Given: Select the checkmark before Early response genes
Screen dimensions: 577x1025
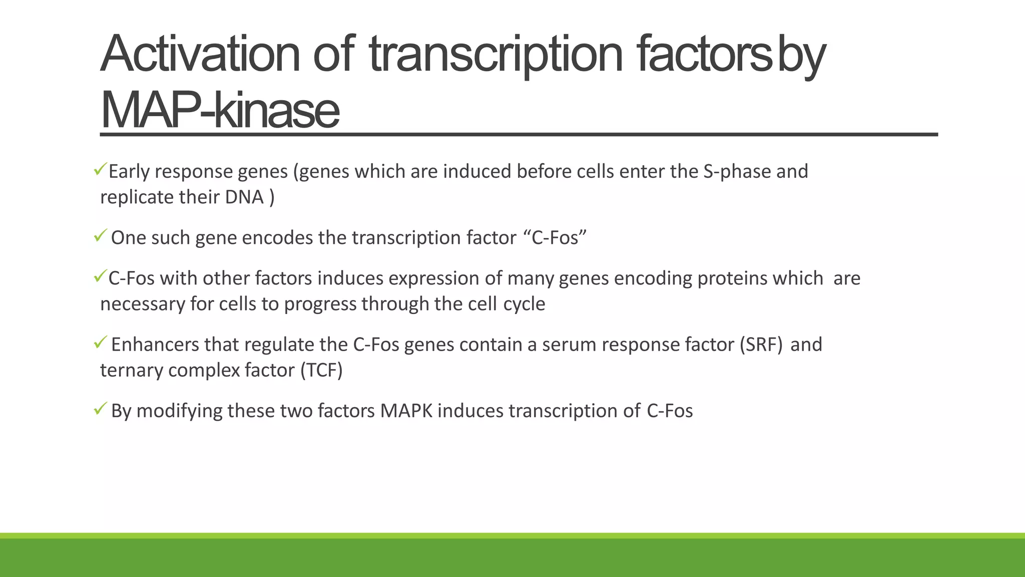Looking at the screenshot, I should pyautogui.click(x=99, y=169).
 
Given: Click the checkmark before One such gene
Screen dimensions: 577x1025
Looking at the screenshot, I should pyautogui.click(x=100, y=235).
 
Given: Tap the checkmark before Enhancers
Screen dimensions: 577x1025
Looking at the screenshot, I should pyautogui.click(x=100, y=343).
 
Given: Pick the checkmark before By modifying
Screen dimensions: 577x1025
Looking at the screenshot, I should pyautogui.click(x=100, y=409).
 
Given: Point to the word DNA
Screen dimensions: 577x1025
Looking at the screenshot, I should pyautogui.click(x=244, y=197).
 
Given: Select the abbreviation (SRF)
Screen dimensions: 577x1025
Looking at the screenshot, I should pyautogui.click(x=761, y=345).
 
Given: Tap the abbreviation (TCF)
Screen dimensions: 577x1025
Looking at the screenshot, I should pyautogui.click(x=321, y=371).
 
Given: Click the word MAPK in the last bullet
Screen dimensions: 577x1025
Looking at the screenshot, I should pyautogui.click(x=406, y=411).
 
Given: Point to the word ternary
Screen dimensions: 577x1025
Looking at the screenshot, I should pyautogui.click(x=132, y=371).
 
